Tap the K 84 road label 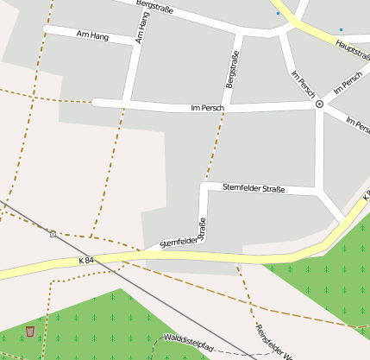pyautogui.click(x=85, y=261)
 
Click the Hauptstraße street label pyautogui.click(x=352, y=45)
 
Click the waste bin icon pyautogui.click(x=30, y=331)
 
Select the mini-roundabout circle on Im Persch pyautogui.click(x=319, y=104)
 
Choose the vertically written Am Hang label pyautogui.click(x=142, y=28)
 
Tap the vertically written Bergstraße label pyautogui.click(x=231, y=69)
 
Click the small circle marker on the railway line pyautogui.click(x=53, y=233)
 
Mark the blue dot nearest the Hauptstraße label pyautogui.click(x=341, y=29)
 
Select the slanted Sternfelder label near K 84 pyautogui.click(x=178, y=243)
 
